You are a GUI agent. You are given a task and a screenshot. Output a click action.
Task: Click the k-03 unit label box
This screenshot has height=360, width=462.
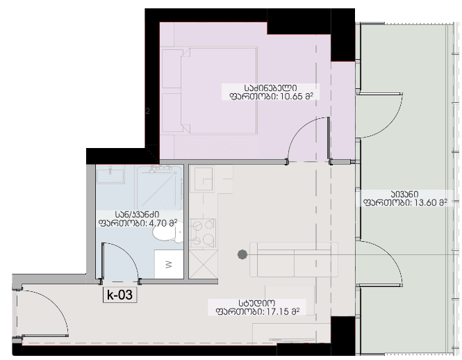pos(119,295)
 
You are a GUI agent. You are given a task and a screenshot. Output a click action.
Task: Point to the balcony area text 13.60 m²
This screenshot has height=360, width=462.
pos(403,204)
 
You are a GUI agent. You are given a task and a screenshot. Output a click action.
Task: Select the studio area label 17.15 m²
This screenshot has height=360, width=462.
pos(256,312)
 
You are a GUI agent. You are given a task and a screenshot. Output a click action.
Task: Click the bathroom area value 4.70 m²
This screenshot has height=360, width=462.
pos(138,224)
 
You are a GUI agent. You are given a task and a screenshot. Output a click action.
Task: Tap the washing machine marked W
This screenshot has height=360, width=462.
pos(169,264)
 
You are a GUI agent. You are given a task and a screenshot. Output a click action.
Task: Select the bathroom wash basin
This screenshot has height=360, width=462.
pos(110,174)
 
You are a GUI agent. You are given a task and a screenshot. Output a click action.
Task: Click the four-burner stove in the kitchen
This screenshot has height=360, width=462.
pos(203,233)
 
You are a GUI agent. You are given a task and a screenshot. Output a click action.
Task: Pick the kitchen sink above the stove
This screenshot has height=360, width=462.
pos(203,179)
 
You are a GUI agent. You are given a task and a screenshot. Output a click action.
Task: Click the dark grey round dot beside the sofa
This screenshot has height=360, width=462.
pos(241,254)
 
